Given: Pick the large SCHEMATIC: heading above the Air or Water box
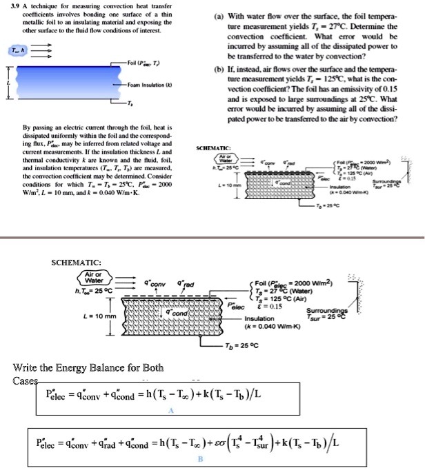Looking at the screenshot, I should pyautogui.click(x=77, y=263).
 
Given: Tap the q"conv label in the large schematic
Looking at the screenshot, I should pyautogui.click(x=155, y=282).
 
